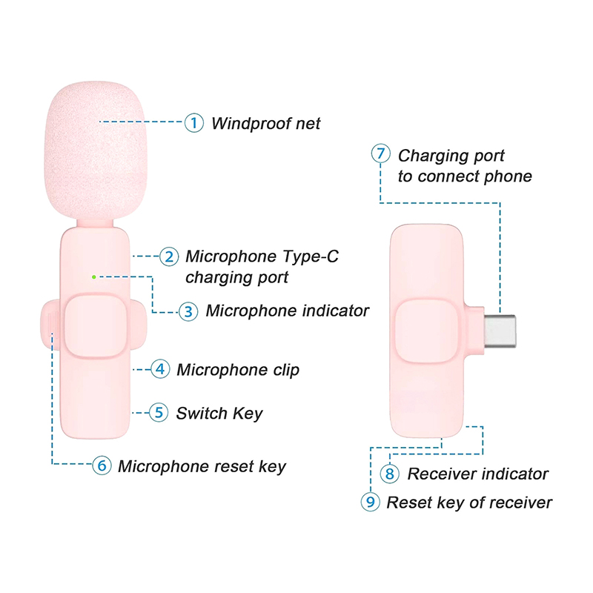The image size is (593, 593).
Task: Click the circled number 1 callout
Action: tap(193, 123)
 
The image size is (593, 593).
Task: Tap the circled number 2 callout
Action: tap(170, 256)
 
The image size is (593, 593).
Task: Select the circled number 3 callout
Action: tap(188, 311)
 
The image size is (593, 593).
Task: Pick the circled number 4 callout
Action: tap(161, 369)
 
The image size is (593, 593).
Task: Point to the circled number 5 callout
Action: tap(158, 413)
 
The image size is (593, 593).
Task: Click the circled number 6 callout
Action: tap(102, 466)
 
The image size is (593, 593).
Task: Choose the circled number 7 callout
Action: tap(380, 155)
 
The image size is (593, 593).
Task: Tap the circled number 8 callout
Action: tap(390, 474)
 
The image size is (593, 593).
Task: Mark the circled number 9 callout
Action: tap(370, 502)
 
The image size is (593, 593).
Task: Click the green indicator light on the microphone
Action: tap(93, 276)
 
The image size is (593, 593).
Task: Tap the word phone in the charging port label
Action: tap(509, 176)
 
